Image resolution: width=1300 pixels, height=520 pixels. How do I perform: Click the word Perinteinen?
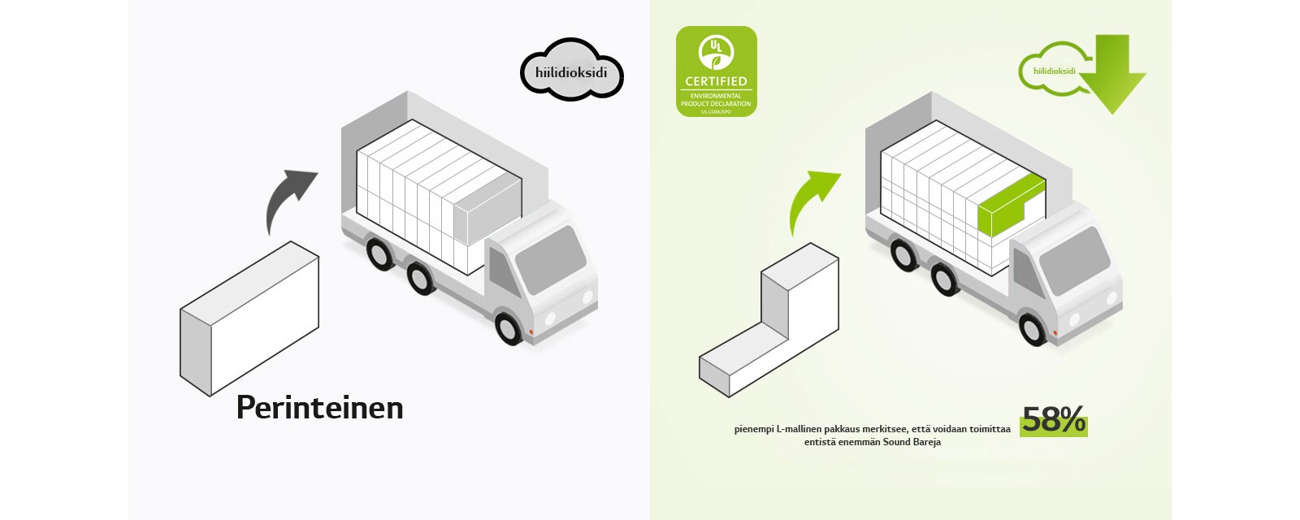tap(319, 408)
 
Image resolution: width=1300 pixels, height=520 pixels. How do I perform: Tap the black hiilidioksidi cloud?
tap(571, 71)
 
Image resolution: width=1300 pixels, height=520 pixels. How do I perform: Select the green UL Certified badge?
tap(716, 71)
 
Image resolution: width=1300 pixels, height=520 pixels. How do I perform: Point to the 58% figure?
tap(1053, 420)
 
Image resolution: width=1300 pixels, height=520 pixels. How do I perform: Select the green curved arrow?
tap(812, 199)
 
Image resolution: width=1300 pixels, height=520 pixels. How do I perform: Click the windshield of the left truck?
tap(549, 259)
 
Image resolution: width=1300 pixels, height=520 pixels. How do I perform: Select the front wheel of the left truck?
tap(509, 327)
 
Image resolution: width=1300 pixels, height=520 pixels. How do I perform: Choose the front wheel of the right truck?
tap(1033, 328)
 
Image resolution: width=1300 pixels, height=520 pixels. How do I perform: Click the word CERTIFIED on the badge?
tap(716, 81)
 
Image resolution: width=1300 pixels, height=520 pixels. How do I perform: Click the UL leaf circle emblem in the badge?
tap(716, 51)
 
